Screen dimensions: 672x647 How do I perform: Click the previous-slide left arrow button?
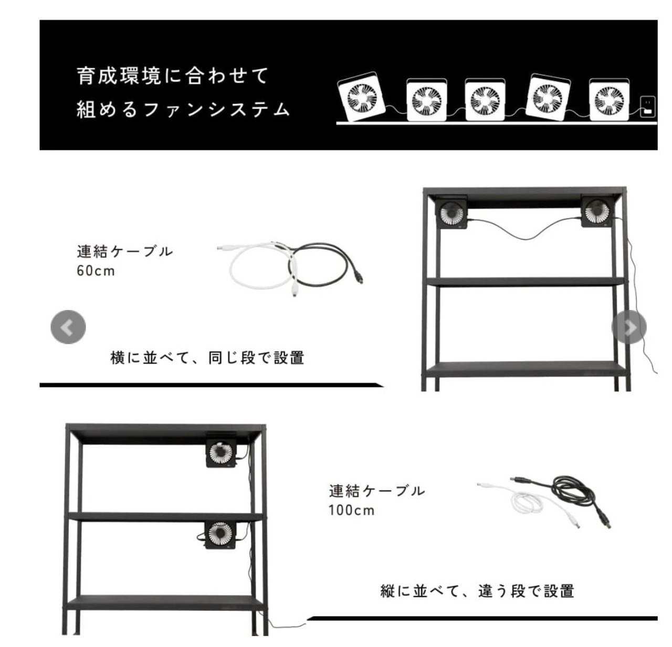(68, 327)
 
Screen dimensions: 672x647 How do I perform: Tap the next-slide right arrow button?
(629, 327)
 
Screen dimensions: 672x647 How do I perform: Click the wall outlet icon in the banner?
(647, 107)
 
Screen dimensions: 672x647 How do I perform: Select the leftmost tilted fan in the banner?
(361, 96)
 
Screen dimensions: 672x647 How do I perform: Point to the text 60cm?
(96, 271)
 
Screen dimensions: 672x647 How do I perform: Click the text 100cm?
(351, 511)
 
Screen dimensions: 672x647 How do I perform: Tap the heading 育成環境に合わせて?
(172, 76)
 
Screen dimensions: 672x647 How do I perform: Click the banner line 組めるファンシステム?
(183, 110)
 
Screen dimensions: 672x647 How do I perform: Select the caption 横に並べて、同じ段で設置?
(207, 358)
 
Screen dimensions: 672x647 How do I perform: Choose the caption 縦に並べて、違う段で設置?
(477, 591)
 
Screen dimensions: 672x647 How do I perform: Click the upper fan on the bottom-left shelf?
(222, 452)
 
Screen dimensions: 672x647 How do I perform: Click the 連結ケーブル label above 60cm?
(124, 252)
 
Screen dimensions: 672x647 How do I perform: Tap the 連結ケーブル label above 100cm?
(377, 491)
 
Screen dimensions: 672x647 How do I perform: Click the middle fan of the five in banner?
(485, 100)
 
